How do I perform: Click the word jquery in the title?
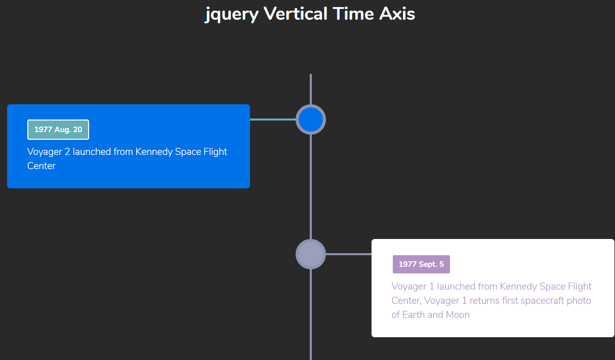point(232,14)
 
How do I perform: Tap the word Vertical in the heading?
point(296,14)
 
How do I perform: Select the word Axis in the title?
point(397,14)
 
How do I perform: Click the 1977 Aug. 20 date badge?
point(58,130)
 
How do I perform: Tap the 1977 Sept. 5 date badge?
point(421,264)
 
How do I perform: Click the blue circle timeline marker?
point(311,119)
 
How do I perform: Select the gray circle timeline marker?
point(311,254)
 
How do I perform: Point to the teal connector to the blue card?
point(273,119)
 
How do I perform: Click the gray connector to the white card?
point(349,254)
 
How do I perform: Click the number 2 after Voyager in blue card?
point(67,152)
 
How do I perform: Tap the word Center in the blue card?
point(41,166)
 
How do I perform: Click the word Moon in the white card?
point(458,315)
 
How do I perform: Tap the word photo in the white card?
point(579,301)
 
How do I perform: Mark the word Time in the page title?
point(353,14)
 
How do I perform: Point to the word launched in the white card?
point(456,287)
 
